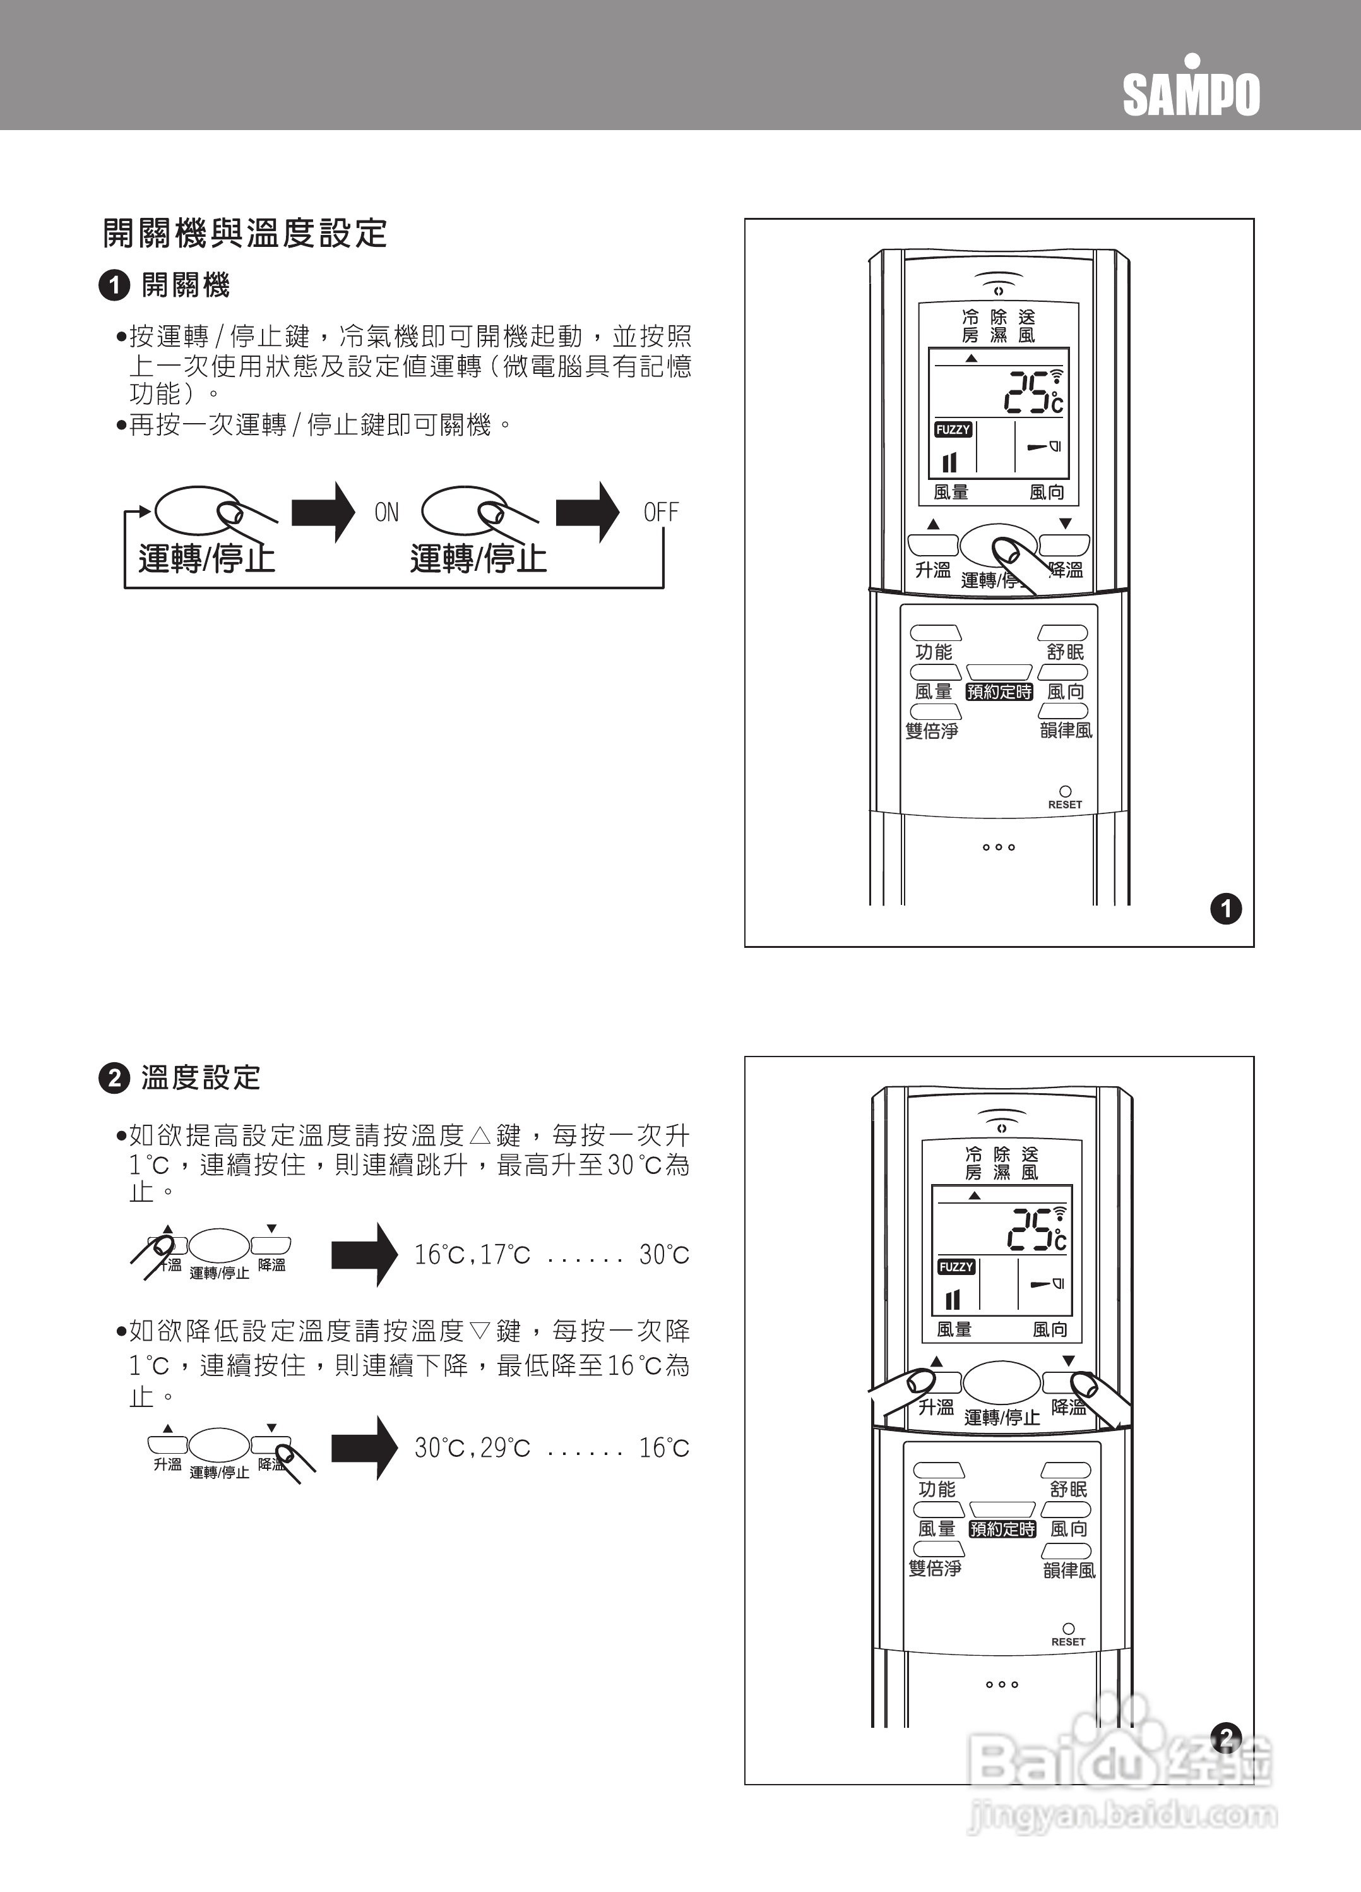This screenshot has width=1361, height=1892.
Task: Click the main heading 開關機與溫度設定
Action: coord(244,234)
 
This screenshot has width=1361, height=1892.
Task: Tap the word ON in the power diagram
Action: coord(386,512)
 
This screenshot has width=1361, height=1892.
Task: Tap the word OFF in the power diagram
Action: coord(660,512)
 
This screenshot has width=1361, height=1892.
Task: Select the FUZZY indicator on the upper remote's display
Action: coord(953,429)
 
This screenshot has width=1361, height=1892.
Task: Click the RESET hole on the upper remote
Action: coord(1065,791)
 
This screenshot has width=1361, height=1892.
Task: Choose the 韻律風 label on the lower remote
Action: coord(1069,1570)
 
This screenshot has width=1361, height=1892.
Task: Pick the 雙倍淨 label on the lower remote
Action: coord(935,1567)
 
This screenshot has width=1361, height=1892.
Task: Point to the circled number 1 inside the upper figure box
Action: coord(1225,909)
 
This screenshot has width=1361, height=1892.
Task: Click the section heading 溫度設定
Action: coord(201,1078)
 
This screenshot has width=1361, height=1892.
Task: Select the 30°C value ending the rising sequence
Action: coord(664,1255)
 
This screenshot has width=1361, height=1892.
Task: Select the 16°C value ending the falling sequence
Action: coord(664,1447)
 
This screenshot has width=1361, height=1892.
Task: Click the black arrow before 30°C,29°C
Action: coord(364,1447)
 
